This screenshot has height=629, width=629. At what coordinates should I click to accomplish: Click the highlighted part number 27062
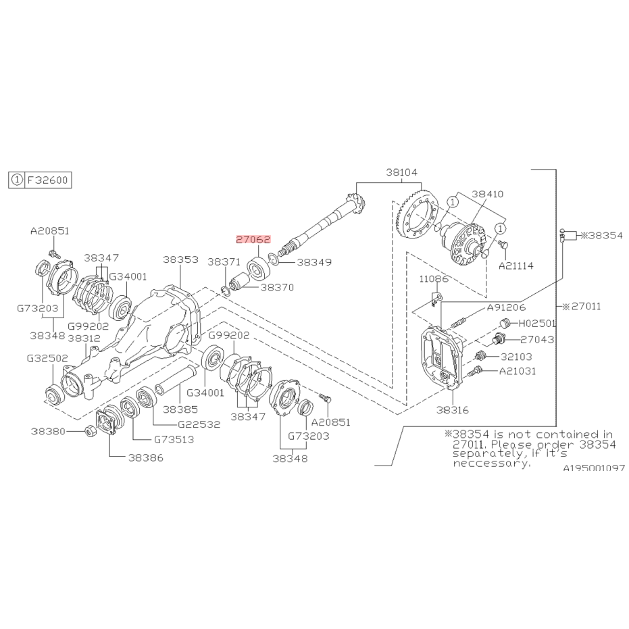(x=253, y=240)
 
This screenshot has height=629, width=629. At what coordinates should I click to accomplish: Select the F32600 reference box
(x=40, y=180)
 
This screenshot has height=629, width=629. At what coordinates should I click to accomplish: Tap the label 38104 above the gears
(x=401, y=172)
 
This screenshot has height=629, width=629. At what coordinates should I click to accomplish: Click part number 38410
(x=487, y=194)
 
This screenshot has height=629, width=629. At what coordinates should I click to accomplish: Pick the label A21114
(x=516, y=266)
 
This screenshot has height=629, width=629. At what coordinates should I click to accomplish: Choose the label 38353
(x=180, y=259)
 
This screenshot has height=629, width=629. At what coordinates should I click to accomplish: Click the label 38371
(x=224, y=262)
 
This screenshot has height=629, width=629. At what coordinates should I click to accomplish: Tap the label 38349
(x=314, y=262)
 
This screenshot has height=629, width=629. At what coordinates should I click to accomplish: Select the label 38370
(x=277, y=288)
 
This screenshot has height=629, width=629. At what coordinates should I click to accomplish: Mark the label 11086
(x=434, y=279)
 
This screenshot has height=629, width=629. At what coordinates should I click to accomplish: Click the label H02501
(x=538, y=324)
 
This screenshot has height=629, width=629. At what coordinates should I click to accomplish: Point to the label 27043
(x=537, y=340)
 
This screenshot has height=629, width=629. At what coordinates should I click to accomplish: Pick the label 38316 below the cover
(x=453, y=410)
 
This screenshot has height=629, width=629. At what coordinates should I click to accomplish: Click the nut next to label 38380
(x=91, y=432)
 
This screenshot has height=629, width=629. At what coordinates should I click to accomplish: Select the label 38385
(x=180, y=409)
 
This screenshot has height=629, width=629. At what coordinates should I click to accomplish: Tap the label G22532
(x=199, y=424)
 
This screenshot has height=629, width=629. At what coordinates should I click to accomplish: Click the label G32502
(x=47, y=358)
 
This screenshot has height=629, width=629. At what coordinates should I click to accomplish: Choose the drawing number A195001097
(x=594, y=468)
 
